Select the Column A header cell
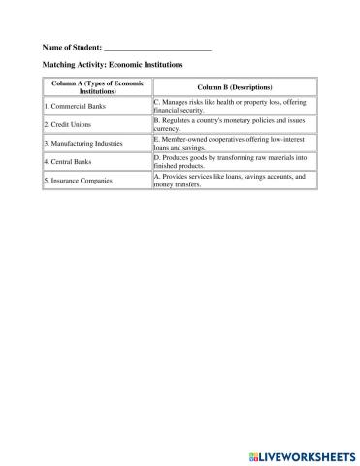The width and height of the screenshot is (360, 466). (97, 87)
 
